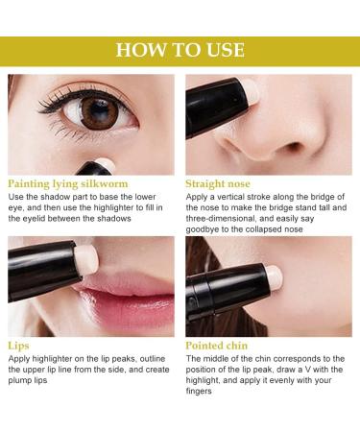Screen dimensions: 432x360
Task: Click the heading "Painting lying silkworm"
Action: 66,182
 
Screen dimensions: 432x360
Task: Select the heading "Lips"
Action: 20,343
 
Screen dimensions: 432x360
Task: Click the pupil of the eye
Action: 99,113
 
